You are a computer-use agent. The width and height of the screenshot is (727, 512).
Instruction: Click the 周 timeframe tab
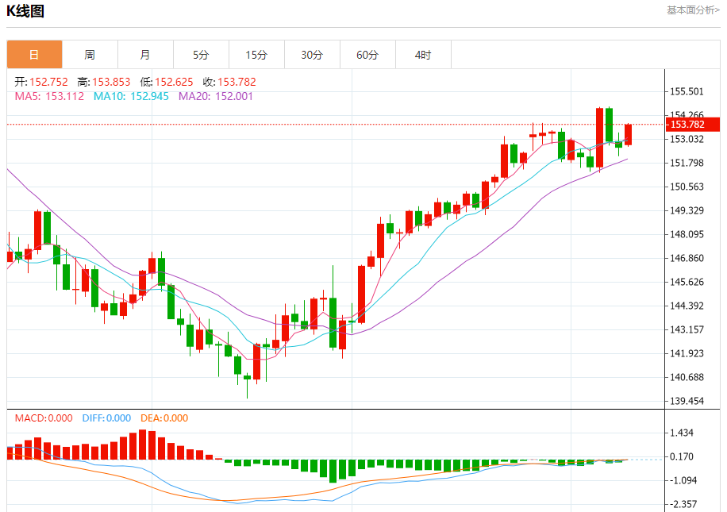(x=90, y=55)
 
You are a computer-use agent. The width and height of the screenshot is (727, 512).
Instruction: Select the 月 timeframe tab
(x=145, y=55)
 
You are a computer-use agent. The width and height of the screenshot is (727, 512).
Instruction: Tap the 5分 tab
(x=201, y=55)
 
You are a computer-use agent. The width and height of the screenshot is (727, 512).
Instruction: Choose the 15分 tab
(x=256, y=55)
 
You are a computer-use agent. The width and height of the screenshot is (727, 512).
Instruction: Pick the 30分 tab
(x=312, y=55)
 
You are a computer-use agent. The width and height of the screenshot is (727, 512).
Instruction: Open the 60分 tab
(x=367, y=55)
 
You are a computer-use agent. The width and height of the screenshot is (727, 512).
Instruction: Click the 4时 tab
(x=423, y=55)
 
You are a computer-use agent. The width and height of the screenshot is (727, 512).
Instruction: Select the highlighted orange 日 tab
(x=34, y=55)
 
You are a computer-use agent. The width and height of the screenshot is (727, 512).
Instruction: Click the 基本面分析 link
(x=693, y=10)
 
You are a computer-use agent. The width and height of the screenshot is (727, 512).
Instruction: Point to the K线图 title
(x=25, y=11)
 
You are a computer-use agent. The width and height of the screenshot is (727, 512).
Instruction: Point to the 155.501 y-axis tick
(x=687, y=91)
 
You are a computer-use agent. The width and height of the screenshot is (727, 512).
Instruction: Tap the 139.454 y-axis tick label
(x=687, y=401)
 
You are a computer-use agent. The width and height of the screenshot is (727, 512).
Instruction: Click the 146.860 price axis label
(x=687, y=258)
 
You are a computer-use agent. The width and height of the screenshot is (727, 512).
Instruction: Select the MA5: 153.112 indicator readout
(x=49, y=96)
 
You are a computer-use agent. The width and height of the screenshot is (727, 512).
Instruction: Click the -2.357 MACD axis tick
(x=684, y=504)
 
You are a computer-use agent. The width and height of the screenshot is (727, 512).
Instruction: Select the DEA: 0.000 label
(x=164, y=418)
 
